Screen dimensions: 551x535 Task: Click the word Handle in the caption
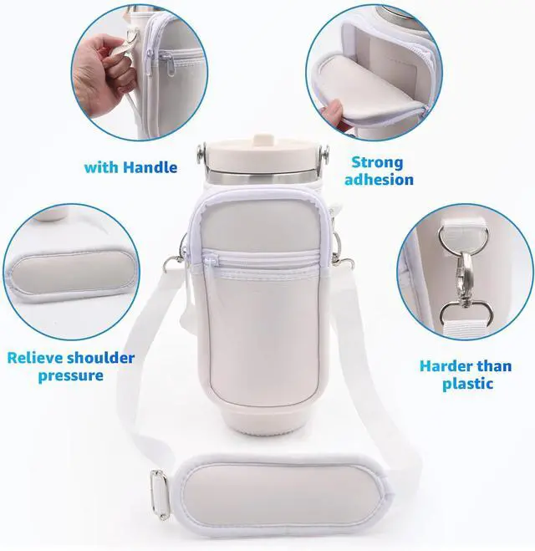(151, 167)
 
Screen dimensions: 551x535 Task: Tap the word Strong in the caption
(377, 162)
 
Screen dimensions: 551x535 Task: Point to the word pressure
(70, 375)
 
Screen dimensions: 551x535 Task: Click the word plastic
(468, 384)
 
